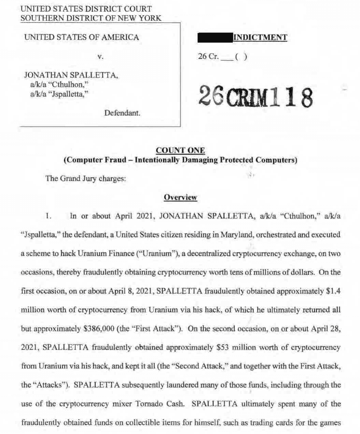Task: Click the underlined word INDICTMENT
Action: pyautogui.click(x=260, y=38)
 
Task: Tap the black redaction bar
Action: pyautogui.click(x=215, y=38)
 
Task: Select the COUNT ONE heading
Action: pyautogui.click(x=180, y=150)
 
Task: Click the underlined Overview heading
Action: pyautogui.click(x=180, y=197)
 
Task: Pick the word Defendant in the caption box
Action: pyautogui.click(x=122, y=113)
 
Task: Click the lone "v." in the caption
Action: pyautogui.click(x=100, y=57)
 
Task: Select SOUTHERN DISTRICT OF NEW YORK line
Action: pyautogui.click(x=91, y=18)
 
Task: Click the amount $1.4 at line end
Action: pyautogui.click(x=332, y=291)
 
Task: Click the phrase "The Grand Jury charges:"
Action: pyautogui.click(x=86, y=178)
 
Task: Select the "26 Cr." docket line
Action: pyautogui.click(x=222, y=57)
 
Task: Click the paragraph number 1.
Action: pyautogui.click(x=49, y=216)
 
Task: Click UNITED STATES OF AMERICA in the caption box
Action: pyautogui.click(x=82, y=38)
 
